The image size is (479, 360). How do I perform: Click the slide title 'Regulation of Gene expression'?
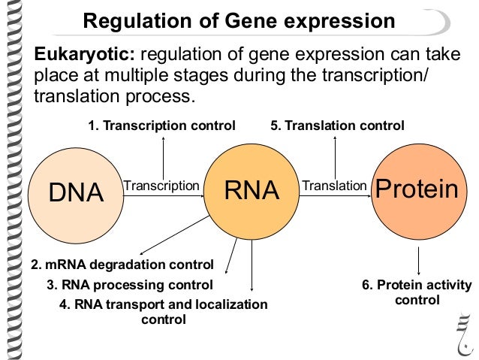[x=239, y=21]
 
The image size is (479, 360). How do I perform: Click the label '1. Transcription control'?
[x=161, y=125]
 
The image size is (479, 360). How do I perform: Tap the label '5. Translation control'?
[x=337, y=125]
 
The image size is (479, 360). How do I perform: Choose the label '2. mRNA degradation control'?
[x=122, y=265]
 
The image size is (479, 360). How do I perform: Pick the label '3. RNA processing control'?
[x=130, y=285]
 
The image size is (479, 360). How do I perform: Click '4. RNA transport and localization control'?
[x=163, y=312]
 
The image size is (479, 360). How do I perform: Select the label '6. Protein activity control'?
[x=417, y=292]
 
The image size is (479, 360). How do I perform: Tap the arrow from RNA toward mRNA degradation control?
[x=175, y=234]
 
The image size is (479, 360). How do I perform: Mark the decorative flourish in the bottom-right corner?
[x=462, y=331]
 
